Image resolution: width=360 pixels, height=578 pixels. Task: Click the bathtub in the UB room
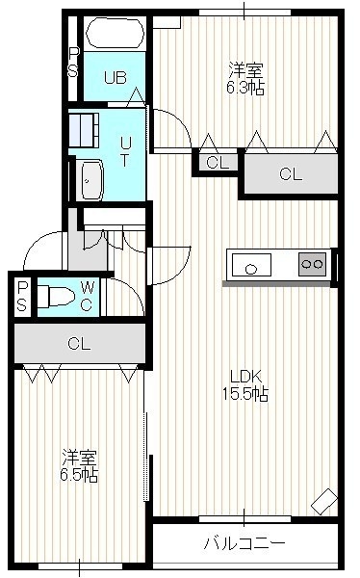click(x=115, y=33)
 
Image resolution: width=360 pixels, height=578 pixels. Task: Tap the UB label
click(x=115, y=78)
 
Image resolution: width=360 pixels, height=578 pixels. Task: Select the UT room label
click(x=125, y=152)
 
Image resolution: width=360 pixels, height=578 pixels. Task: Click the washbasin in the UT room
click(x=91, y=180)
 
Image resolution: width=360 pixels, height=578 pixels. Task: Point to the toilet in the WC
click(x=57, y=297)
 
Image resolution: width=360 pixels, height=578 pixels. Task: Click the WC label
click(x=87, y=296)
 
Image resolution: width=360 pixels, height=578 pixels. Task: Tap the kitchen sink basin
click(x=251, y=264)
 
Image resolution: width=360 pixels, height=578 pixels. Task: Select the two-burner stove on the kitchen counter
click(x=313, y=264)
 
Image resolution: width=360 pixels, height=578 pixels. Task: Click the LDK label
click(x=245, y=377)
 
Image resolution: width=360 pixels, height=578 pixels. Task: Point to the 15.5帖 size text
click(x=245, y=394)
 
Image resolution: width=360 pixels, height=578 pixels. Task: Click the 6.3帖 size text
click(x=245, y=88)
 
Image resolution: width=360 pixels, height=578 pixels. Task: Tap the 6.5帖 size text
click(x=79, y=475)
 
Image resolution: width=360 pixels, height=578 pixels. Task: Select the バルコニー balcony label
click(x=245, y=542)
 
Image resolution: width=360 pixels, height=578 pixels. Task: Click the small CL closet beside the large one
click(x=218, y=163)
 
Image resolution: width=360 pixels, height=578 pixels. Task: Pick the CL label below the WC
click(x=79, y=344)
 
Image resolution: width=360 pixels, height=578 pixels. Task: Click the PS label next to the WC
click(x=22, y=296)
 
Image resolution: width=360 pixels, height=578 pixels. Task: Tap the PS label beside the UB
click(x=73, y=63)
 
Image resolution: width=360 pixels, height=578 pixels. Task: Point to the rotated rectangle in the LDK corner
click(x=324, y=501)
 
